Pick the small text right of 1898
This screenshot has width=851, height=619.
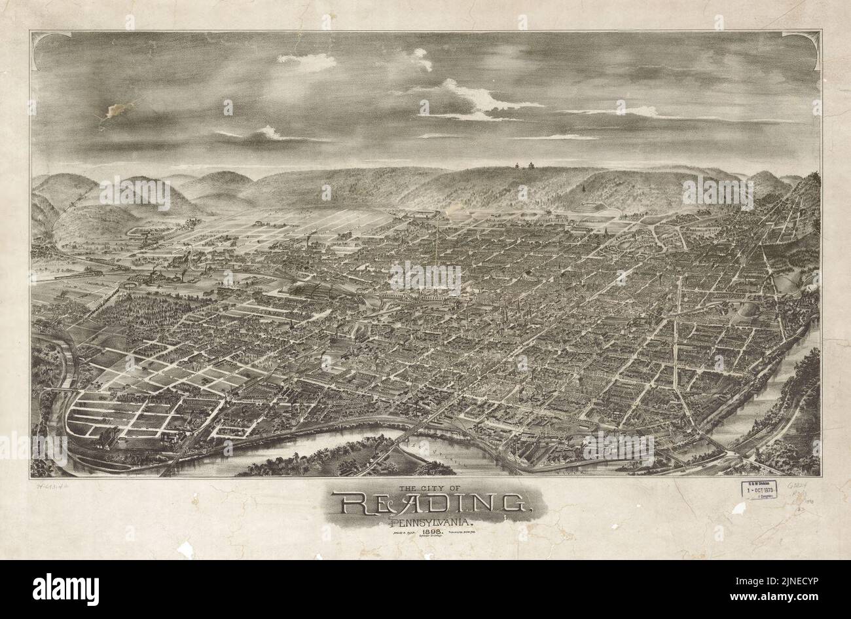coord(465,534)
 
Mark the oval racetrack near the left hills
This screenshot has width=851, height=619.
coord(137,231)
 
